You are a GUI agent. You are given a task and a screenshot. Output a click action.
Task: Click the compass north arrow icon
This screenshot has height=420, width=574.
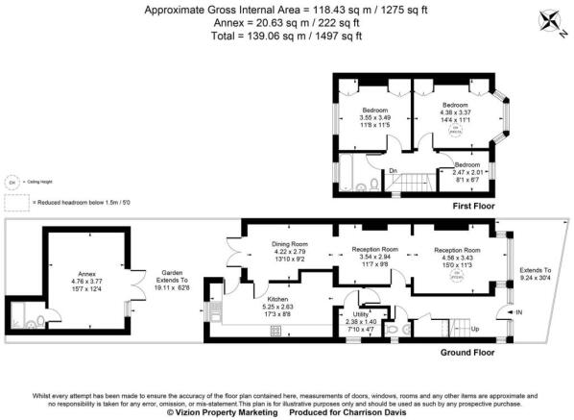click(554, 20)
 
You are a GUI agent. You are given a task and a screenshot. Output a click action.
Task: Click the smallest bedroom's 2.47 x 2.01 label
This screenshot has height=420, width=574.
click(469, 170)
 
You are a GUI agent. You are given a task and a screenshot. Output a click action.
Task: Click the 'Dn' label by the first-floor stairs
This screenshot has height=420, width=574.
click(393, 172)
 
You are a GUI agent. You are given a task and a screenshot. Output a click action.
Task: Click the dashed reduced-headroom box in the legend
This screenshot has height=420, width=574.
click(15, 204)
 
